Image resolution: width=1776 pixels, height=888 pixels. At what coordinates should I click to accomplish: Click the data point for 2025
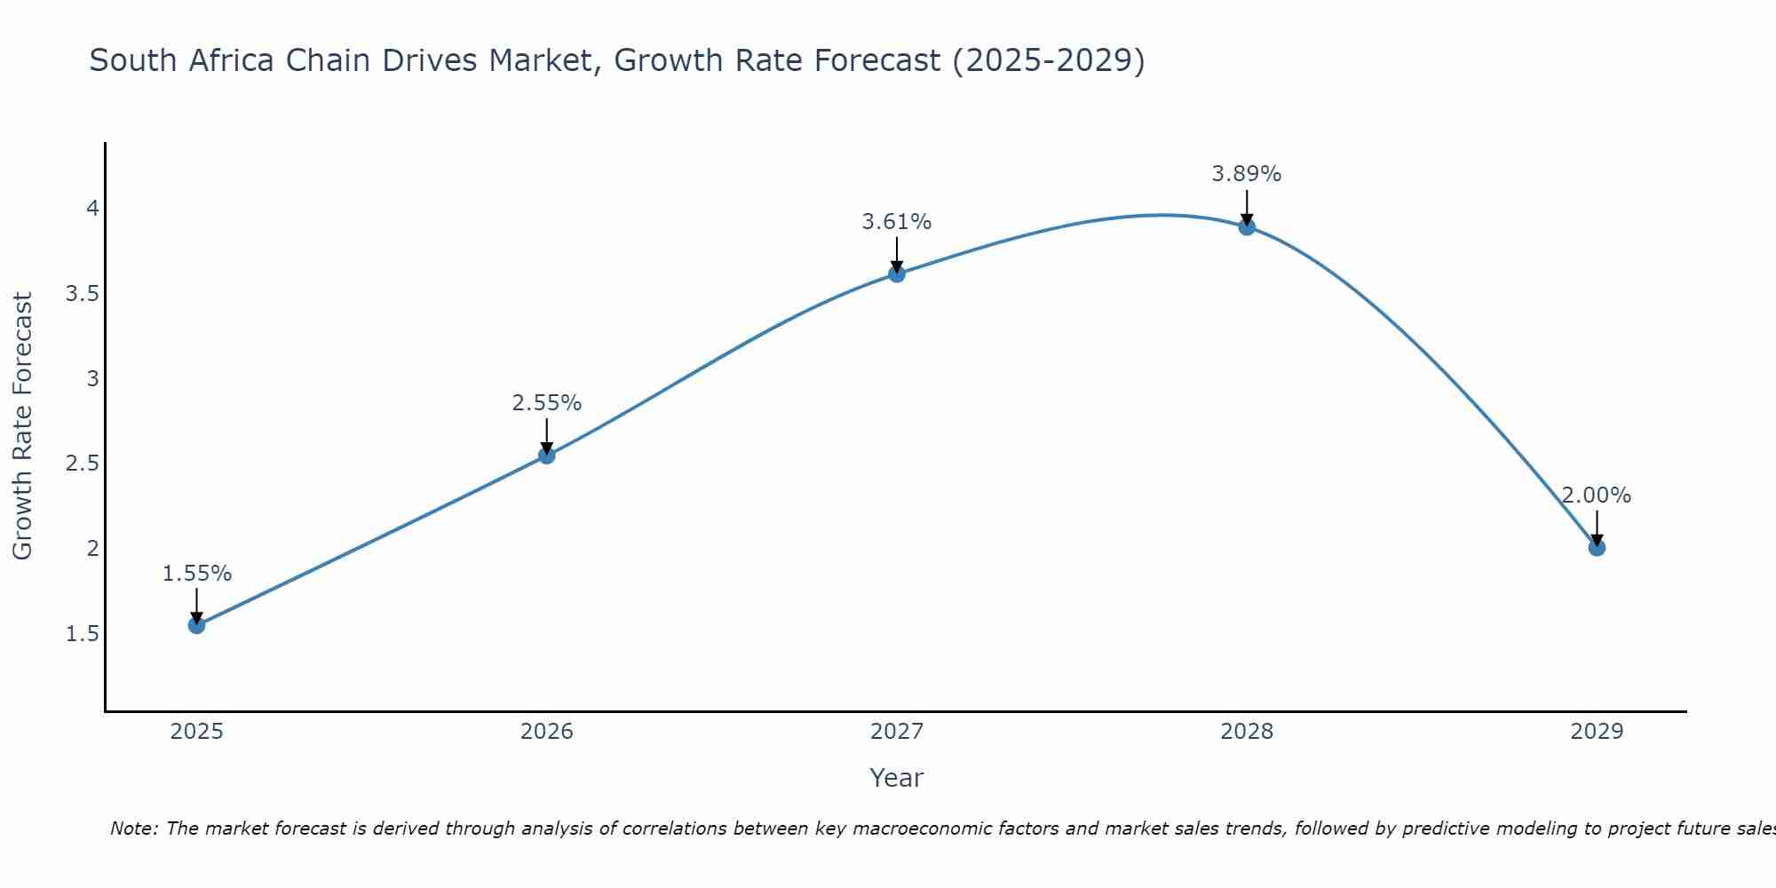click(x=197, y=625)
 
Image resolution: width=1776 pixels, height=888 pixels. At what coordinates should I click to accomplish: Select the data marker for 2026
click(x=547, y=456)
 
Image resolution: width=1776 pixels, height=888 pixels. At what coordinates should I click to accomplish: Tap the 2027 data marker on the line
click(x=897, y=274)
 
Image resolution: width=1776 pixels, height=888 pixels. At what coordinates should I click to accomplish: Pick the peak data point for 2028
click(x=1247, y=226)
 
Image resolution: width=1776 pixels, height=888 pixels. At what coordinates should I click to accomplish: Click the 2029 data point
click(x=1597, y=548)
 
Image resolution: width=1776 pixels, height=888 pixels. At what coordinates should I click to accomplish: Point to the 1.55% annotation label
click(x=197, y=574)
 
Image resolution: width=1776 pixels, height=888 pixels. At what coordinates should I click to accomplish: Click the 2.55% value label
click(x=547, y=403)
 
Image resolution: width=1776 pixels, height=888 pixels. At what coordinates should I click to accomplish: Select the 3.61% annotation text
click(x=897, y=222)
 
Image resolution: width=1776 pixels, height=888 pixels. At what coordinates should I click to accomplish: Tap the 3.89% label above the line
click(x=1247, y=174)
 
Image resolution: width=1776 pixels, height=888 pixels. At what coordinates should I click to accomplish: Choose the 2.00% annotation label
click(x=1597, y=496)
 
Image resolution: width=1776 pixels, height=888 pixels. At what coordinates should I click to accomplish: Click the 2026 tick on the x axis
click(x=547, y=732)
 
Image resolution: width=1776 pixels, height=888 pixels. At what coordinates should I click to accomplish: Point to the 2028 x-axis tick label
click(x=1247, y=732)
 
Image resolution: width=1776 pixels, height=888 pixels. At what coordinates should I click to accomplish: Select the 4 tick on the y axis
click(x=91, y=209)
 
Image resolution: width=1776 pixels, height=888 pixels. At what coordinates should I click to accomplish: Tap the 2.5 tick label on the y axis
click(x=83, y=464)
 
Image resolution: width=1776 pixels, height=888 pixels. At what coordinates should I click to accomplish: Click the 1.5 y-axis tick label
click(x=83, y=634)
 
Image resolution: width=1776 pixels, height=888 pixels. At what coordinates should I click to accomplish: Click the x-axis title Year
click(x=897, y=778)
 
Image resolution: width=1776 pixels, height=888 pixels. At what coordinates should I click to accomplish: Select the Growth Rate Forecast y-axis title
click(x=23, y=426)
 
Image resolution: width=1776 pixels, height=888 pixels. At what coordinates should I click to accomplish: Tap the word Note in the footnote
click(x=133, y=829)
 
